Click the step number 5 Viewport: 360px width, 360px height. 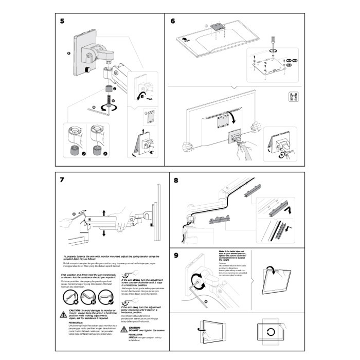click(62, 21)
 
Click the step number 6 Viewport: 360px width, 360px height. click(173, 21)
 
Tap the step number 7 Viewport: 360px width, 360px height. click(62, 180)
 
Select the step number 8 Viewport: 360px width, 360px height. click(176, 181)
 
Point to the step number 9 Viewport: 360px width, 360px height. click(176, 256)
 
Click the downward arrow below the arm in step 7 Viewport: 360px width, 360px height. click(103, 233)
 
